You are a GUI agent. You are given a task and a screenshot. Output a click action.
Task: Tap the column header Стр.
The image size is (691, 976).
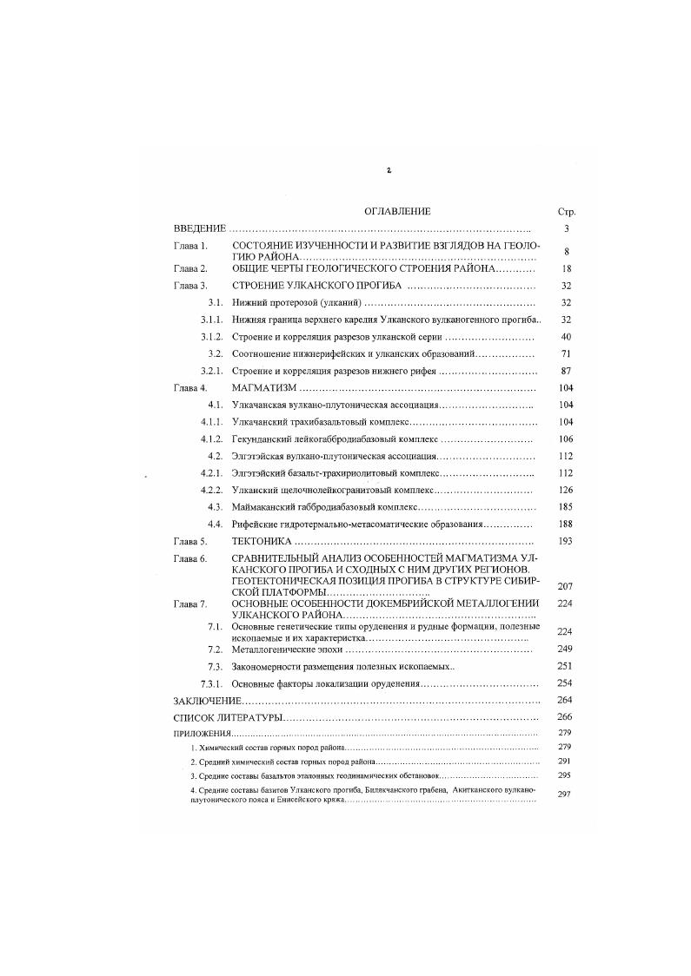click(x=566, y=212)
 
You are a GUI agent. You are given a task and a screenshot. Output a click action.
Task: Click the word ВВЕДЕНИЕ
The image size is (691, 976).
click(x=200, y=228)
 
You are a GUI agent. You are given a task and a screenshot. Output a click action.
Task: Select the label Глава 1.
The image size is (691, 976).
click(x=190, y=247)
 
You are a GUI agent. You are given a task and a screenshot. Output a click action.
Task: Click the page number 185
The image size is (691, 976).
click(x=566, y=506)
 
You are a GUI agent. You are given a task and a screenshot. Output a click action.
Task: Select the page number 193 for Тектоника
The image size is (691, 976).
click(x=566, y=540)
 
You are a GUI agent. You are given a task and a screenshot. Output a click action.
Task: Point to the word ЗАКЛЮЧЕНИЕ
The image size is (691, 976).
click(x=207, y=700)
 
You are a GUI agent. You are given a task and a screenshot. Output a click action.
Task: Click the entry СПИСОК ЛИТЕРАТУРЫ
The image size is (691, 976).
click(x=229, y=717)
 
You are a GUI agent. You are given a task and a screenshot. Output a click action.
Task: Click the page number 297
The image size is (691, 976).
click(x=564, y=794)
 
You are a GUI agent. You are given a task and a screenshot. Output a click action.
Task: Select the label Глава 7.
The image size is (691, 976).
click(x=190, y=603)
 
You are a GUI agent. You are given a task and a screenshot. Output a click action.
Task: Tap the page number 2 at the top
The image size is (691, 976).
click(x=389, y=170)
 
